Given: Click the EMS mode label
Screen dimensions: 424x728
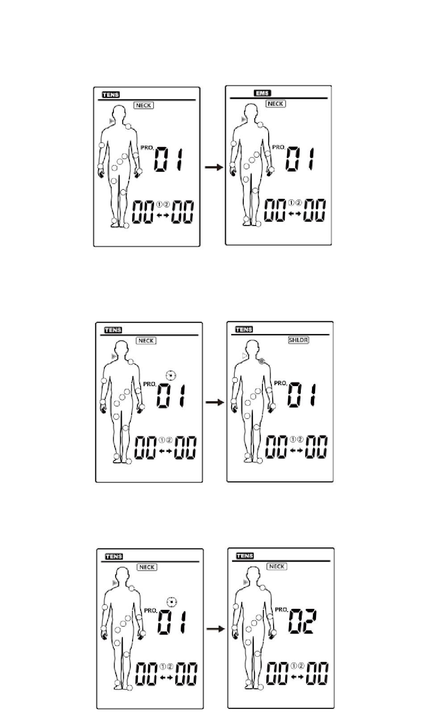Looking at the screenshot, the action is click(x=262, y=93).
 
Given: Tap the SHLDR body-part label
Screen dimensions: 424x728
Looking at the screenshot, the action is click(x=299, y=340).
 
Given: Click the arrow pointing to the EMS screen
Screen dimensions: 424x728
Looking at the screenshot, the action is click(x=214, y=167).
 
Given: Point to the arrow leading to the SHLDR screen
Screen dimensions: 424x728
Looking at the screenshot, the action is click(x=215, y=403).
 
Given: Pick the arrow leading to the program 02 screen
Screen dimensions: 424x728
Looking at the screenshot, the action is click(x=216, y=629).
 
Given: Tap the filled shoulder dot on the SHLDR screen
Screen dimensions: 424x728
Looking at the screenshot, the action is click(x=262, y=361).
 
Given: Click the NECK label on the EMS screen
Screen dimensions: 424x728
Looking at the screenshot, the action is click(x=276, y=104).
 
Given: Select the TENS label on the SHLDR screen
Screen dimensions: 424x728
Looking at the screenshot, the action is click(x=244, y=329).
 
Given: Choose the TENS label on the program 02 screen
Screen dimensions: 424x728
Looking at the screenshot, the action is click(x=245, y=556).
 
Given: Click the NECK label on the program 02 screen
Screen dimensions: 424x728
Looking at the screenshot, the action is click(x=277, y=567).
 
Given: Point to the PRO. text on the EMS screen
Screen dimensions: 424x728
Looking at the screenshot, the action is click(x=279, y=147).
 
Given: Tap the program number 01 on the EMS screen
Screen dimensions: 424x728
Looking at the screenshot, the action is click(x=299, y=159).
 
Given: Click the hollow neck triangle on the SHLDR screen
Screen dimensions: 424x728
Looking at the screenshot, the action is click(x=245, y=356).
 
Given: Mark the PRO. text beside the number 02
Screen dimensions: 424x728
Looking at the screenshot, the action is click(x=282, y=609).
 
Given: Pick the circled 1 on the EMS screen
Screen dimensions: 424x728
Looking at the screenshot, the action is click(x=291, y=203).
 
